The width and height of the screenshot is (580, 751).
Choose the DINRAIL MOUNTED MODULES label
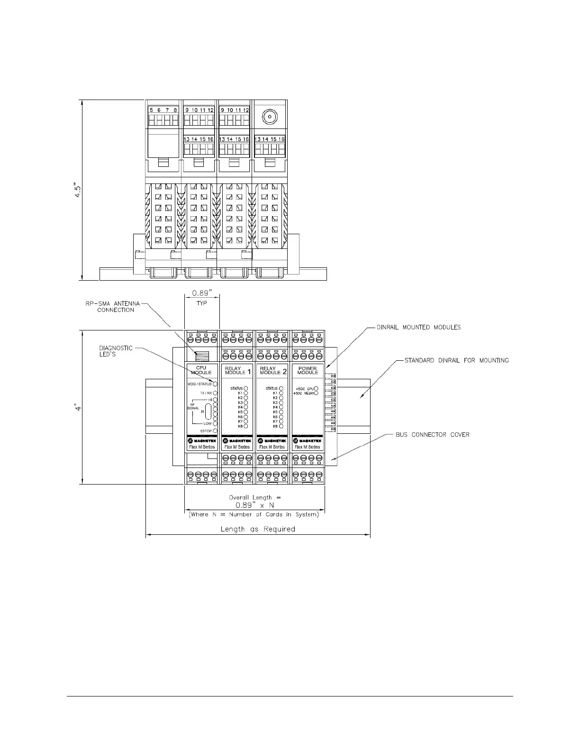pyautogui.click(x=418, y=327)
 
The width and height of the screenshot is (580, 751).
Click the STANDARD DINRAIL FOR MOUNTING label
pyautogui.click(x=456, y=360)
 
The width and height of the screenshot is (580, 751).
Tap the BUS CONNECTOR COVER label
pyautogui.click(x=433, y=434)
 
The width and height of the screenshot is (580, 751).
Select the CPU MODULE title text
pyautogui.click(x=201, y=370)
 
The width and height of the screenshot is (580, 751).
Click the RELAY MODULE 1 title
pyautogui.click(x=238, y=370)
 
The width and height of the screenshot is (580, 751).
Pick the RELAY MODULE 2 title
pyautogui.click(x=273, y=370)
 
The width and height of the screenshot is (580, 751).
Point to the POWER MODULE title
pyautogui.click(x=308, y=370)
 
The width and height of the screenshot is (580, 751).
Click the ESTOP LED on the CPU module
pyautogui.click(x=215, y=431)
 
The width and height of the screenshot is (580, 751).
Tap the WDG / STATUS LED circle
pyautogui.click(x=215, y=384)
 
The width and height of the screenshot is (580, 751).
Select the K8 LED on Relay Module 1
pyautogui.click(x=246, y=426)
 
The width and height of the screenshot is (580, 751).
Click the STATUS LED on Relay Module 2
pyautogui.click(x=281, y=388)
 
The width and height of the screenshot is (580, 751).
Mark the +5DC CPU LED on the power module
pyautogui.click(x=316, y=388)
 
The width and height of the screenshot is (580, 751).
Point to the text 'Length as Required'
pyautogui.click(x=258, y=529)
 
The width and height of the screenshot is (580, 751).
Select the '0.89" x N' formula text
pyautogui.click(x=255, y=505)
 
